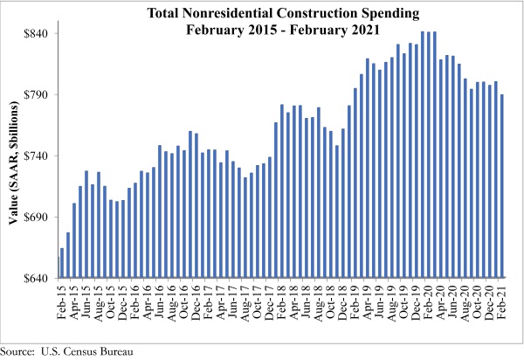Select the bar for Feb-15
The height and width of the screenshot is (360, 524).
pos(62,263)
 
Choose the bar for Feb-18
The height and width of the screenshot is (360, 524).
pos(282,191)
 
